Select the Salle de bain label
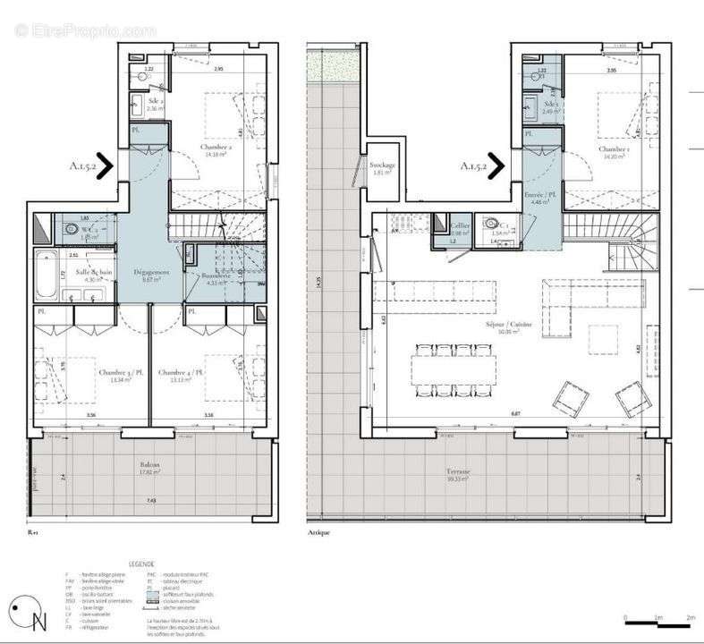tap(93, 271)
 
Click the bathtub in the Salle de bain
tap(44, 275)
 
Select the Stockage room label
tap(382, 165)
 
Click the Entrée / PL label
tap(539, 194)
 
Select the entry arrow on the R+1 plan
tap(105, 165)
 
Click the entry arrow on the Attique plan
tap(496, 165)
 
